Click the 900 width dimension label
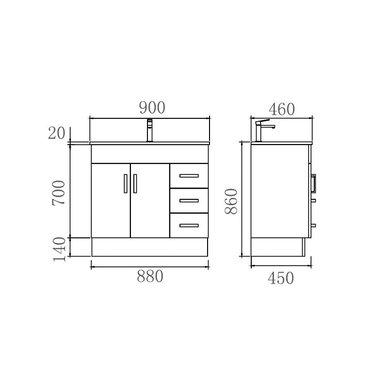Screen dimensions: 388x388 [152, 108]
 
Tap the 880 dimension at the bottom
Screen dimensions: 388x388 [150, 276]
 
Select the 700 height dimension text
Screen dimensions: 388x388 [59, 192]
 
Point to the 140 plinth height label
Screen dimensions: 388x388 [59, 249]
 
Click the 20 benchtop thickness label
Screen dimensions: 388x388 [56, 133]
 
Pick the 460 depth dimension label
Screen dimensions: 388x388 [281, 110]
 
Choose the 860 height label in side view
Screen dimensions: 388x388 [231, 201]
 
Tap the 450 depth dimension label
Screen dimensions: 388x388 [281, 278]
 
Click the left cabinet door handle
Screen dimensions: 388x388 [125, 183]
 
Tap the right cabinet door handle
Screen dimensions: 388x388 [135, 183]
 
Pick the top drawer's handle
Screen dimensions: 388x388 [189, 176]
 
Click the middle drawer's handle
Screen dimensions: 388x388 [189, 200]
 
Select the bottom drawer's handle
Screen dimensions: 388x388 [189, 225]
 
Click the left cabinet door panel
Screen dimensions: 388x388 [111, 209]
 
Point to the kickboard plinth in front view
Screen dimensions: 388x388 [149, 247]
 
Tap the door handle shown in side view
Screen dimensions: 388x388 [313, 183]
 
